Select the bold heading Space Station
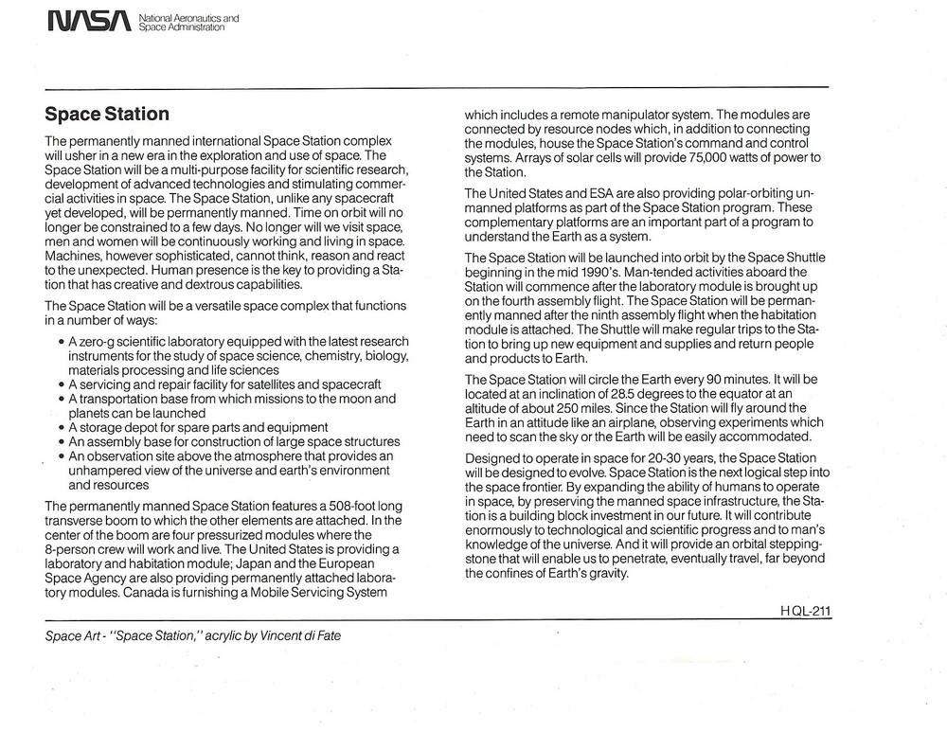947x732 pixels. pyautogui.click(x=107, y=115)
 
